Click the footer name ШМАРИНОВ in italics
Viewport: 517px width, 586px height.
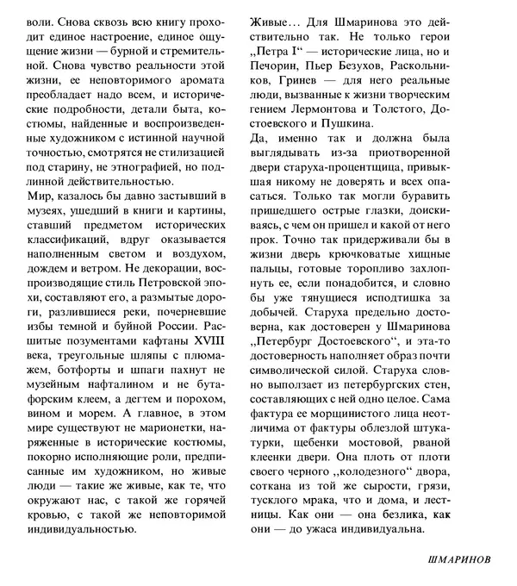coord(459,559)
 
